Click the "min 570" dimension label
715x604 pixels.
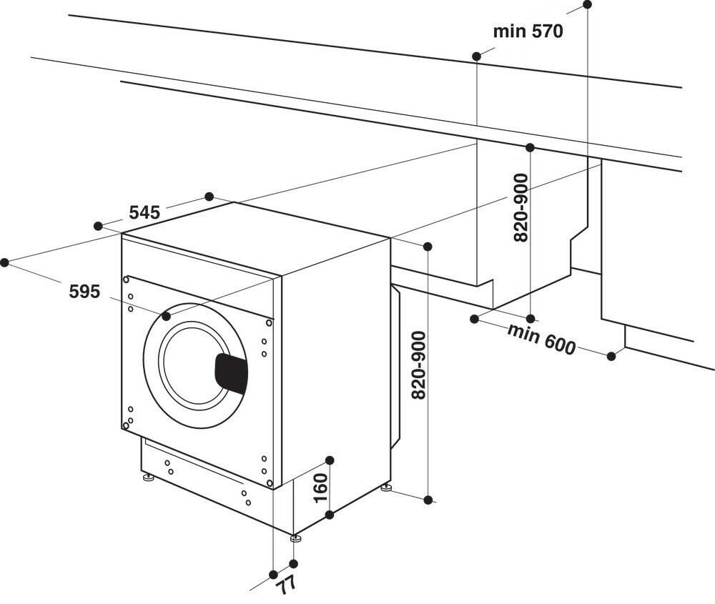[x=528, y=31]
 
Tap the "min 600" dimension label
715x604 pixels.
[x=541, y=339]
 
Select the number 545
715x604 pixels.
[x=144, y=212]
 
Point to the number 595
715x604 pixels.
[x=84, y=291]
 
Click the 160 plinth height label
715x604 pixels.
[x=320, y=487]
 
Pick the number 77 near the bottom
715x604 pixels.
[x=287, y=585]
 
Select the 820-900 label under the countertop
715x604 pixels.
[x=521, y=207]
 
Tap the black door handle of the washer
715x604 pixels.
[x=231, y=372]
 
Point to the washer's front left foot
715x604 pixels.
[x=147, y=476]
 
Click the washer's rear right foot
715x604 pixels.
[x=386, y=488]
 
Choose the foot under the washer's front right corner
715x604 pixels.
[x=295, y=537]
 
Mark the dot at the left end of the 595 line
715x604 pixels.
[x=5, y=262]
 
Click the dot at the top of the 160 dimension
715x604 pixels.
[x=330, y=460]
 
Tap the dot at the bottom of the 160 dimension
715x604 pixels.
[x=330, y=514]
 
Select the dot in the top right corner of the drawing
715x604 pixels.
[x=588, y=4]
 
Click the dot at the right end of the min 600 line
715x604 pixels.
[x=611, y=356]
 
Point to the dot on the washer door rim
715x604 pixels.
[x=167, y=315]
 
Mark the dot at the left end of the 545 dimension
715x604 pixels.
[x=98, y=226]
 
